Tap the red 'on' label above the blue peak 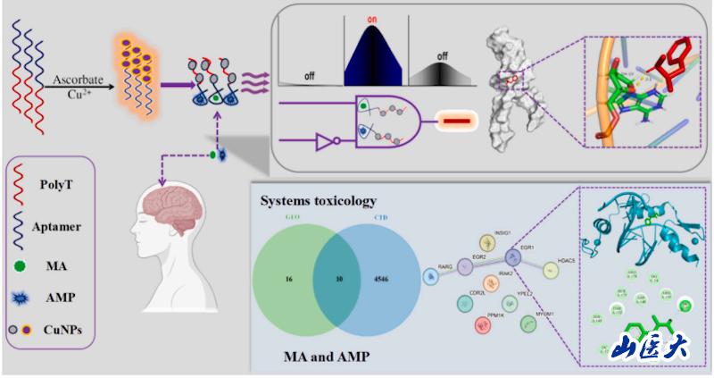376,18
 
